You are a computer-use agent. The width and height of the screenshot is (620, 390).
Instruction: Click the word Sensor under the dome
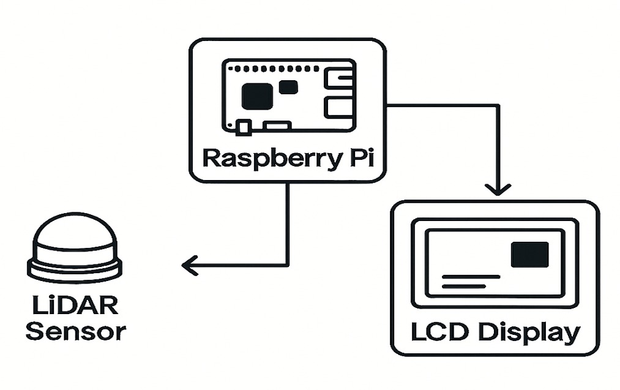click(76, 332)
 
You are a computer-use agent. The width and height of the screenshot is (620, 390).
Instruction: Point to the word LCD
click(440, 333)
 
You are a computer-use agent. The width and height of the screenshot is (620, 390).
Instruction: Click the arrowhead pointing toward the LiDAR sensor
click(190, 265)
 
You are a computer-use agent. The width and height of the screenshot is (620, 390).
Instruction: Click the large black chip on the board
click(257, 96)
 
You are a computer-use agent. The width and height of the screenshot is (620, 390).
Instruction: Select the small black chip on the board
click(288, 87)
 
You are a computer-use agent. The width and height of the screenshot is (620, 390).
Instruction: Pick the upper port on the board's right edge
click(338, 79)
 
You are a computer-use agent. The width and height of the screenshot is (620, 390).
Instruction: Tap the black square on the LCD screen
click(529, 255)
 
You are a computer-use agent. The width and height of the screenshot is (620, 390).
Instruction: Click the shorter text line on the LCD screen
click(463, 285)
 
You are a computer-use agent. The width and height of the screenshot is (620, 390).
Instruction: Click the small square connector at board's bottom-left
click(243, 127)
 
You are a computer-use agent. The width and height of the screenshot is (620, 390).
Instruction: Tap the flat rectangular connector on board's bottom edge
click(277, 126)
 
